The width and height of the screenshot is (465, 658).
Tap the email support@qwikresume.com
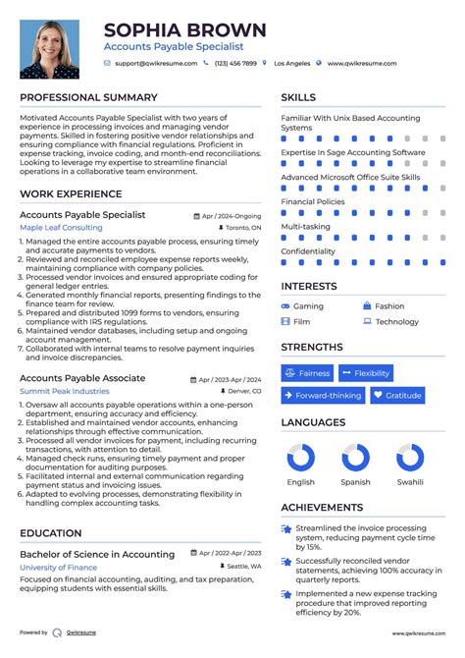pyautogui.click(x=155, y=63)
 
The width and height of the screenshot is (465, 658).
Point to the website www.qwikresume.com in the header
pyautogui.click(x=362, y=63)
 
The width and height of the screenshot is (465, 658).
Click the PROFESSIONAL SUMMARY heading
pyautogui.click(x=88, y=97)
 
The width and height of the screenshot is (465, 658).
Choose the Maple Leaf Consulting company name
pyautogui.click(x=61, y=227)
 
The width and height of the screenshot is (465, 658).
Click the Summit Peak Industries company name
pyautogui.click(x=65, y=391)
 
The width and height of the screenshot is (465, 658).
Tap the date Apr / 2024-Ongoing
pyautogui.click(x=231, y=214)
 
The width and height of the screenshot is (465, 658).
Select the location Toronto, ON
pyautogui.click(x=243, y=227)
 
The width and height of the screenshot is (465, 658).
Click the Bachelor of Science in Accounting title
pyautogui.click(x=97, y=554)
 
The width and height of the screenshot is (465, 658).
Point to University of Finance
pyautogui.click(x=58, y=567)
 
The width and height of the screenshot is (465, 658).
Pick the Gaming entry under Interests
pyautogui.click(x=308, y=306)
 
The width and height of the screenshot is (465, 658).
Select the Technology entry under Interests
pyautogui.click(x=396, y=321)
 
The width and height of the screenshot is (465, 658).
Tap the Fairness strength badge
pyautogui.click(x=308, y=373)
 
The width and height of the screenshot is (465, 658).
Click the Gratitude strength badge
pyautogui.click(x=396, y=396)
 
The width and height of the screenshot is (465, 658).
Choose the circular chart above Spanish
pyautogui.click(x=355, y=458)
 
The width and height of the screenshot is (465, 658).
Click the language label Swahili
pyautogui.click(x=410, y=482)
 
